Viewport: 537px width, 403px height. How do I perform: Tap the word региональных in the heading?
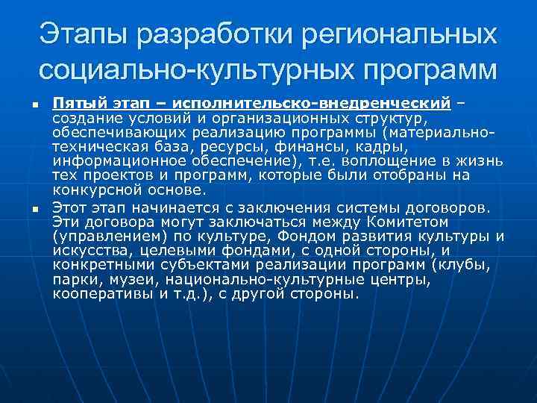pyautogui.click(x=402, y=33)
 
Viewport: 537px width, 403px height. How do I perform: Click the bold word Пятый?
pyautogui.click(x=76, y=101)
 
